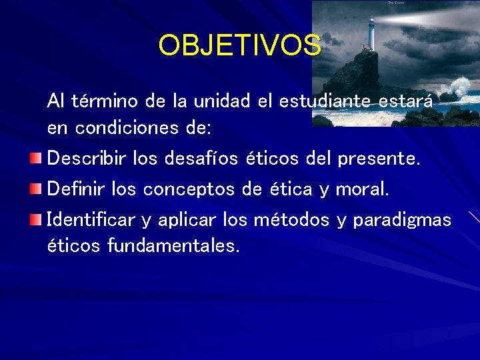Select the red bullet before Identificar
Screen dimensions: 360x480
tap(36, 219)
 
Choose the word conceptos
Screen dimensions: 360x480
tap(189, 189)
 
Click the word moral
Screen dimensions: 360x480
tap(362, 189)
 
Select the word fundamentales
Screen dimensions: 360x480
tap(173, 246)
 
